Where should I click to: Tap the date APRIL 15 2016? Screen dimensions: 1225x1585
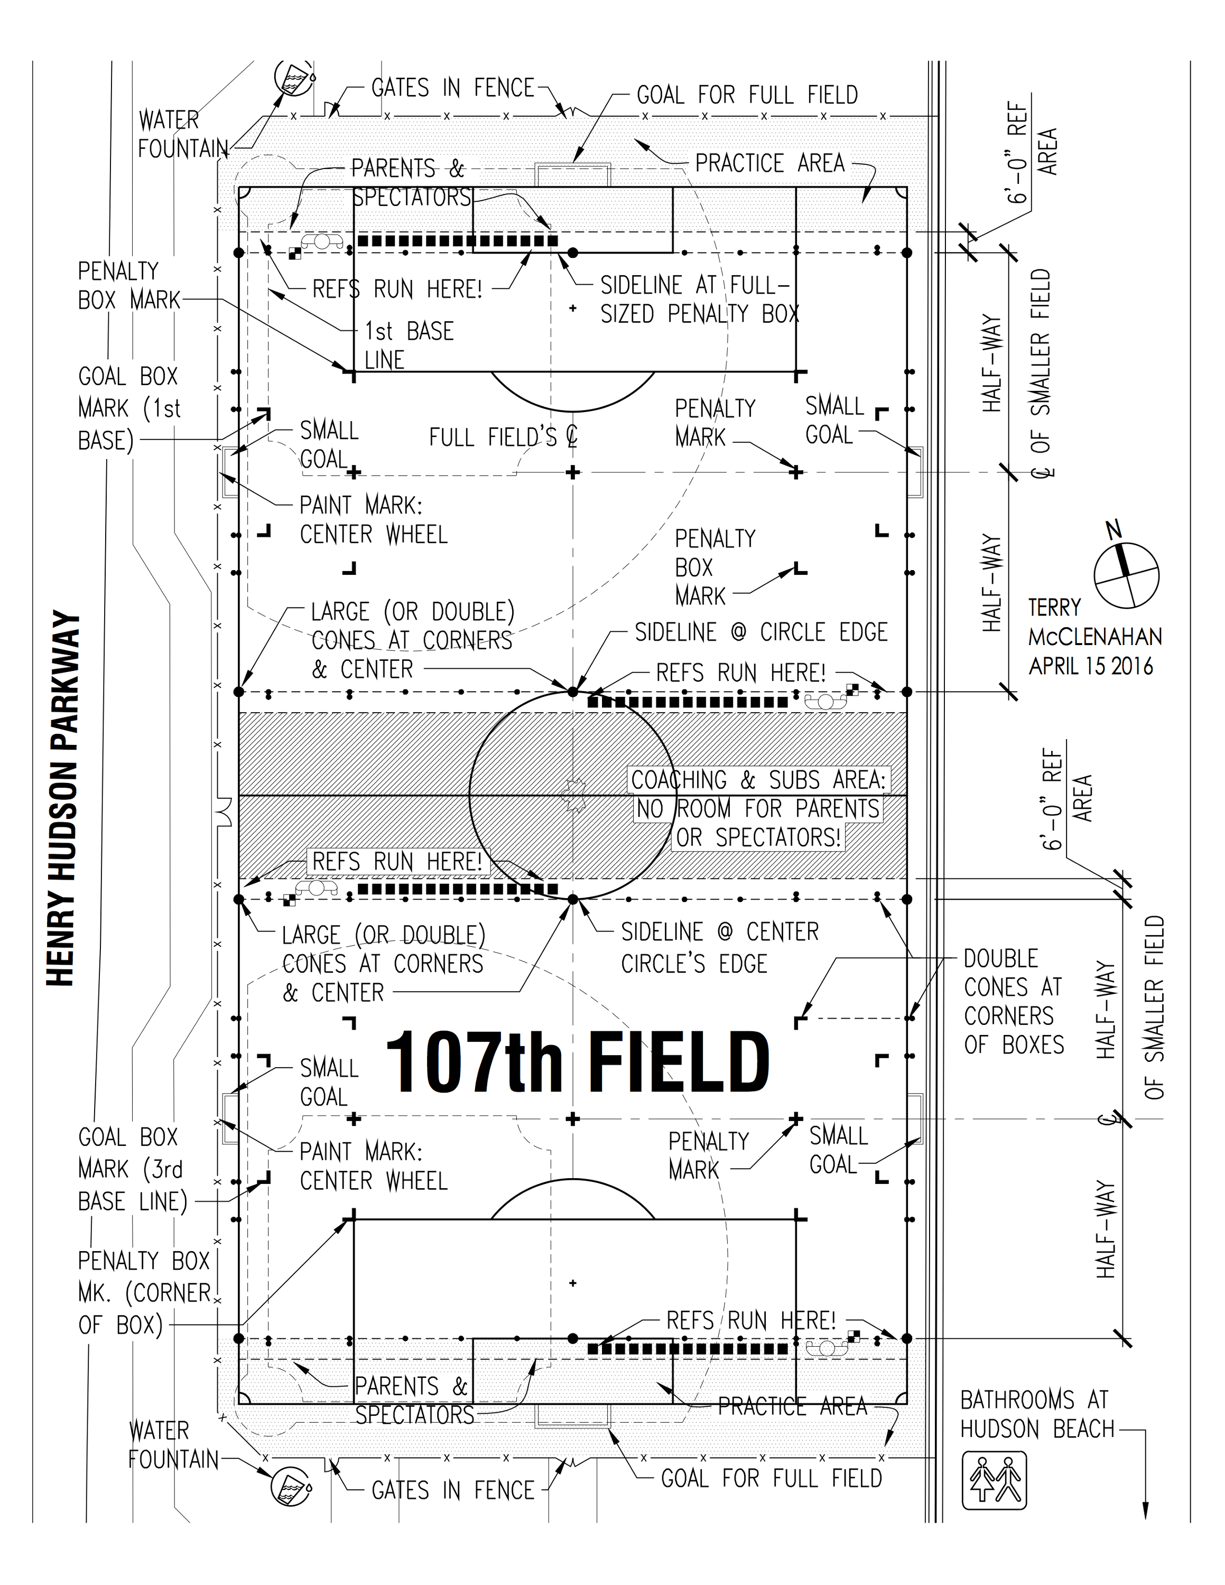click(1091, 666)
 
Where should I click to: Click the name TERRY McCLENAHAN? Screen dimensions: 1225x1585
click(1095, 622)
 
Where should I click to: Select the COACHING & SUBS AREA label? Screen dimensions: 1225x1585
click(758, 780)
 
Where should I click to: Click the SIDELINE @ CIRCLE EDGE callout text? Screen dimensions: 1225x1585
click(762, 632)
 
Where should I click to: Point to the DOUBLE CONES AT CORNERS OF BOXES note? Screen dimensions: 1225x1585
click(1014, 1002)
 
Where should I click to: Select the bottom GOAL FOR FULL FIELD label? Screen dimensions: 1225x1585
click(772, 1478)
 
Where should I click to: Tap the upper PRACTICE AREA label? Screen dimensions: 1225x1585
click(770, 163)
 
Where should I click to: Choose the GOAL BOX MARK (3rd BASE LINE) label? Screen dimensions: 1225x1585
click(133, 1169)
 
